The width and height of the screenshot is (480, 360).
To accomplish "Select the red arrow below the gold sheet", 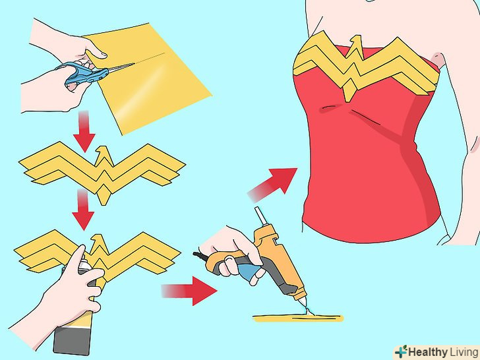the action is click(84, 132).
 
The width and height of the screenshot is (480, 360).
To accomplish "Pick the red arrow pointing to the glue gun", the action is click(189, 291).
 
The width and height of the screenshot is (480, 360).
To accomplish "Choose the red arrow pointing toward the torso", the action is click(272, 185).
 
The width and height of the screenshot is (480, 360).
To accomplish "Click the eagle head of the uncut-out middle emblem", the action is click(103, 154).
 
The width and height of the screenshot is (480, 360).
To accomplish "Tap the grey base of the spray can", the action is click(73, 340).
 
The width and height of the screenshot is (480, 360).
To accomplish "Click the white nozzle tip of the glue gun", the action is click(303, 301).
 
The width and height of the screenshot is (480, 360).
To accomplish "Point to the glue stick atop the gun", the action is click(260, 217).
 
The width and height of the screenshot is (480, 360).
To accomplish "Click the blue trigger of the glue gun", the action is click(249, 271).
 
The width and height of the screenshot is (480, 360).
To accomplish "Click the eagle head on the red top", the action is click(355, 42).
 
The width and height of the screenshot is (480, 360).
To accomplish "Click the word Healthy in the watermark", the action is click(428, 352).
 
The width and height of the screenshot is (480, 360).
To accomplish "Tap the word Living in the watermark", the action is click(463, 353).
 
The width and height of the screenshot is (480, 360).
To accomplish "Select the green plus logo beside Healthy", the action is click(401, 352).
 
